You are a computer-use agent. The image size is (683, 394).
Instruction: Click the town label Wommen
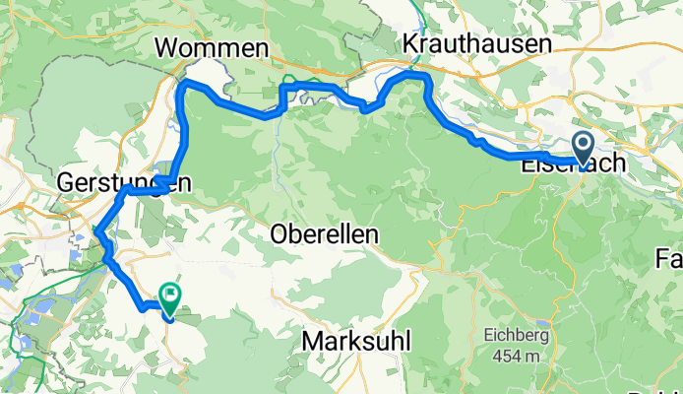(212, 48)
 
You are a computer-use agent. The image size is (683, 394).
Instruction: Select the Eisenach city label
(572, 164)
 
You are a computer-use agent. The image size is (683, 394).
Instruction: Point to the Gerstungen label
(123, 182)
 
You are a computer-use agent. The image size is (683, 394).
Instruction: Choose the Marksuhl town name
(357, 341)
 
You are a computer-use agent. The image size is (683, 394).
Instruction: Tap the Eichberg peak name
(512, 336)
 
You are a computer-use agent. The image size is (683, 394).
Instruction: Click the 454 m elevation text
(514, 355)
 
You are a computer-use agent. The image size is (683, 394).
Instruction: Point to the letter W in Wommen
(166, 48)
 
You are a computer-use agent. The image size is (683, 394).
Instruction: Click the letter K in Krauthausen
(409, 42)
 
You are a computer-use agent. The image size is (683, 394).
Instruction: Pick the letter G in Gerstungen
(67, 182)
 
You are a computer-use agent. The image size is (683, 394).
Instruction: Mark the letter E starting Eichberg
(488, 336)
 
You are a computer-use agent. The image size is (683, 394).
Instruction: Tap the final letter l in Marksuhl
(407, 341)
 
